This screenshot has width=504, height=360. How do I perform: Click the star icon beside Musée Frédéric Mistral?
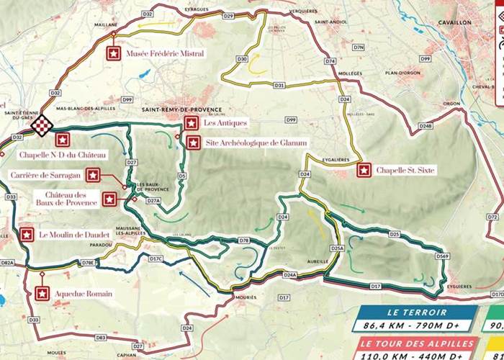point(113,53)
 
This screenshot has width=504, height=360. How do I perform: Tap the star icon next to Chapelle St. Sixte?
point(364,171)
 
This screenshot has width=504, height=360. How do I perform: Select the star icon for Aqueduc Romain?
point(42,293)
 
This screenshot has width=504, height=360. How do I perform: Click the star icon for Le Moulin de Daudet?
point(27,235)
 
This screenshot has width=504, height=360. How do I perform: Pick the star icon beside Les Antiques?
point(190,123)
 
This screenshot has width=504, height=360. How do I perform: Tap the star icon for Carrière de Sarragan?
point(93,175)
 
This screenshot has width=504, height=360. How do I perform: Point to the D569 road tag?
point(441,256)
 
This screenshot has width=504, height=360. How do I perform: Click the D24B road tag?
point(426,126)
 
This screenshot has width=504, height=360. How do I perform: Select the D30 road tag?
point(242,58)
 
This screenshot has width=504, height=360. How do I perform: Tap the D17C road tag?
point(156,258)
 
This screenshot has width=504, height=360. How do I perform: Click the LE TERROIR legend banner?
point(418,312)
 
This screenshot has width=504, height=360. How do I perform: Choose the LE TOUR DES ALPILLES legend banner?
point(418,343)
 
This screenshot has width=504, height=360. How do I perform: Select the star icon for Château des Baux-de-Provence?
point(109,199)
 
